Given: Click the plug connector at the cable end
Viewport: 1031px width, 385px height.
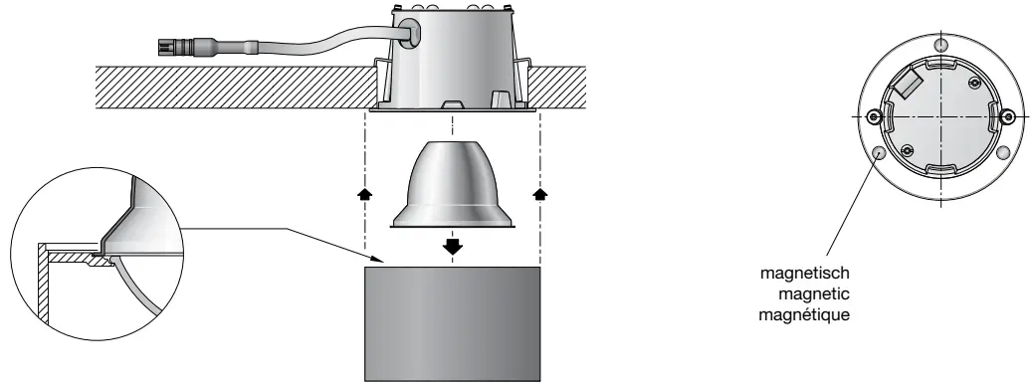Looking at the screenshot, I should pos(180,46).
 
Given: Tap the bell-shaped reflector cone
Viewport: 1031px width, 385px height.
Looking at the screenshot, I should pos(454,185).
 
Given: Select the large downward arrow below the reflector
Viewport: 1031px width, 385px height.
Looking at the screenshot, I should pos(454,245).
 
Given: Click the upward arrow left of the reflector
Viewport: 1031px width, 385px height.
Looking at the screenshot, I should pos(367,193).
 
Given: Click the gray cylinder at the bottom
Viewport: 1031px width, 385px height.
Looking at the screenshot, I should pos(453,322).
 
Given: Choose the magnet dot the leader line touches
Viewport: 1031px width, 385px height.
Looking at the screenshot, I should pos(879,153).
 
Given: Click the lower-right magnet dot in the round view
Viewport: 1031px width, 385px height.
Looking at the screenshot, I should pos(1005,153).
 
